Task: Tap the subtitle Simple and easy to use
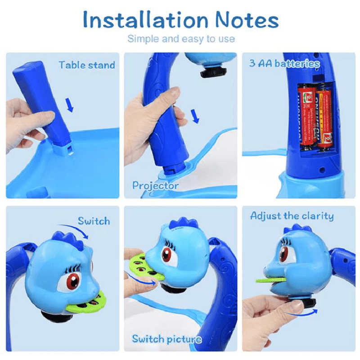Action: pyautogui.click(x=181, y=39)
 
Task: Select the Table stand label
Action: pyautogui.click(x=86, y=65)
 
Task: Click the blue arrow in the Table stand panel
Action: pyautogui.click(x=69, y=105)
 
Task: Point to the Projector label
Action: pyautogui.click(x=155, y=185)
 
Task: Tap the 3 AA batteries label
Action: pyautogui.click(x=284, y=63)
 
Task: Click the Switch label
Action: pyautogui.click(x=94, y=221)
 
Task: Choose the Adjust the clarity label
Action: pyautogui.click(x=292, y=216)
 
